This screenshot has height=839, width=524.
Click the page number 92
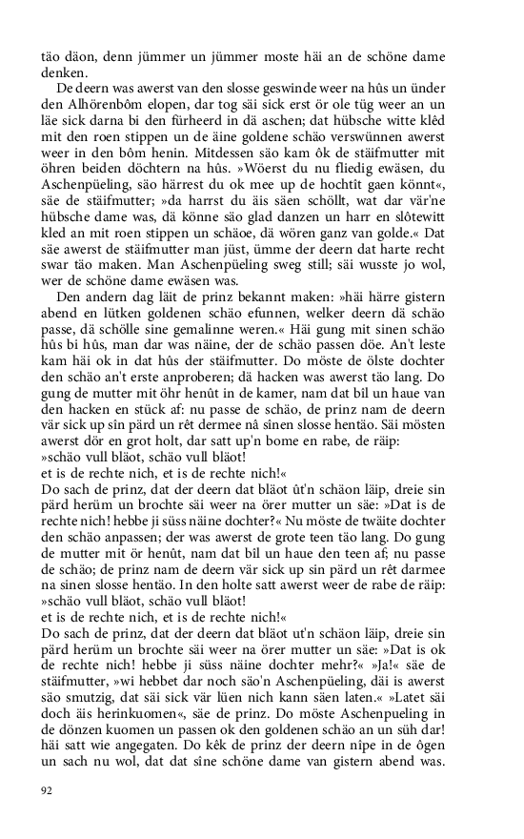[x=47, y=790]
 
